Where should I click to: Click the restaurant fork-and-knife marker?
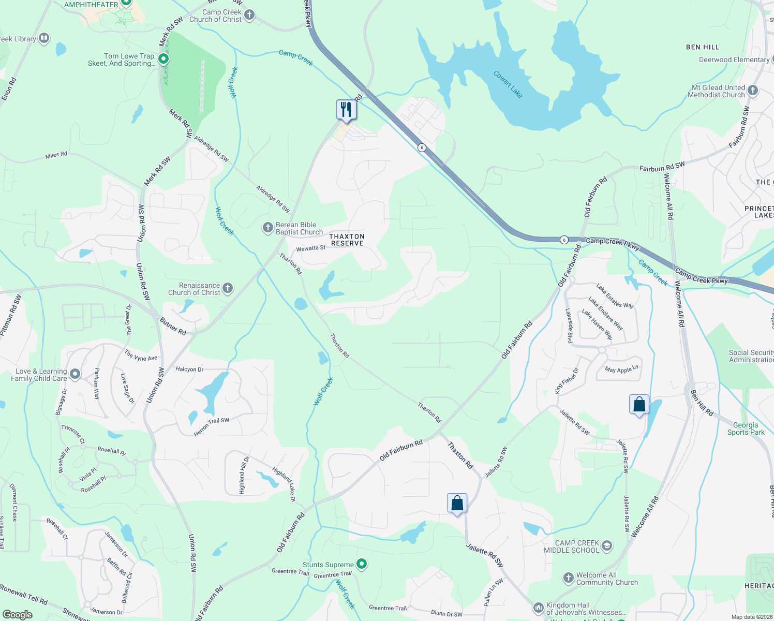346,110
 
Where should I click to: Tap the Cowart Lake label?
508,84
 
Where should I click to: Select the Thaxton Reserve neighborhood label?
347,240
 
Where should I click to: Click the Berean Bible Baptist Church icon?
267,228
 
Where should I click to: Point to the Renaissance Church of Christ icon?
228,288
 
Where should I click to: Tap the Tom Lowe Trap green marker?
163,59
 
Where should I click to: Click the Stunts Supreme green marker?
362,564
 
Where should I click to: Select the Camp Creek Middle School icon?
607,546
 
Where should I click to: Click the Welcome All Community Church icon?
568,578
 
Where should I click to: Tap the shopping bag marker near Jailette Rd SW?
457,504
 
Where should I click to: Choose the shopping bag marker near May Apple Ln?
639,405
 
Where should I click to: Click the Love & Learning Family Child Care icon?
75,374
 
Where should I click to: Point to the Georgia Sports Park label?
746,428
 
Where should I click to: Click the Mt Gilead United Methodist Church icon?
753,91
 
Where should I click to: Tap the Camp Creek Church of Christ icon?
249,15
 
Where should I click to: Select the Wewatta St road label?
310,248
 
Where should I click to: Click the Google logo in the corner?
18,614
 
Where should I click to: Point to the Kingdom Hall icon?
538,608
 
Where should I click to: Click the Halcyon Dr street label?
189,369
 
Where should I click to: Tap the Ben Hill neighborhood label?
702,47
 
